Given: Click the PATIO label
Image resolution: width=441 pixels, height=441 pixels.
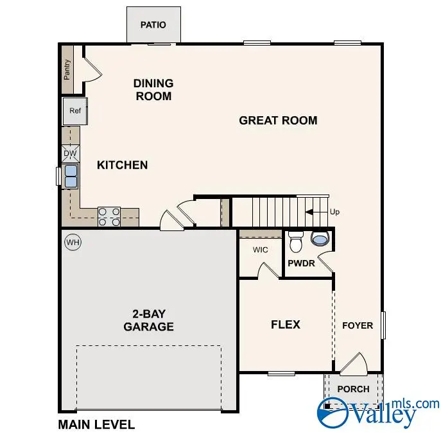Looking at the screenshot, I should [153, 25].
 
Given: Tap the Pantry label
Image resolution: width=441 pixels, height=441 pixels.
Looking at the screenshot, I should [67, 69].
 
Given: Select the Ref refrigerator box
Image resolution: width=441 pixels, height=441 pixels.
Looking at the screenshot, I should [75, 111].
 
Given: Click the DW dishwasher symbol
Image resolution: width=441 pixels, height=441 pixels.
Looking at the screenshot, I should [71, 153].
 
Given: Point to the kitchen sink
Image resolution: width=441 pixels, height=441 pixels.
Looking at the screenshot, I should [71, 176].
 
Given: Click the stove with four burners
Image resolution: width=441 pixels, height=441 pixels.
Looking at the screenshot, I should [109, 216].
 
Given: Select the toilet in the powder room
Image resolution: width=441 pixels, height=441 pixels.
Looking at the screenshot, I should [296, 242].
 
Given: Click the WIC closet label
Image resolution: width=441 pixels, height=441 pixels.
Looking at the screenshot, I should [260, 248].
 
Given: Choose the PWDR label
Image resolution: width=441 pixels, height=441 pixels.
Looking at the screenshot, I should [300, 264].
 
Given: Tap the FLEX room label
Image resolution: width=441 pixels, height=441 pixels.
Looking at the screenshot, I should [285, 324].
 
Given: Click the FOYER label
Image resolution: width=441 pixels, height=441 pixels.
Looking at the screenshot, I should [357, 325].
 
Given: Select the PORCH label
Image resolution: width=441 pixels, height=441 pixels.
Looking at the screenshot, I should [353, 389].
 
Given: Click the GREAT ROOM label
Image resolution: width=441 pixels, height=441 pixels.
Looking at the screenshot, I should [278, 120].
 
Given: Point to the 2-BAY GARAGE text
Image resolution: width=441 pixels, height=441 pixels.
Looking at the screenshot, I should [149, 320].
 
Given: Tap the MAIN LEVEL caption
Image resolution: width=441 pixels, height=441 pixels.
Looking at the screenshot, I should [96, 424].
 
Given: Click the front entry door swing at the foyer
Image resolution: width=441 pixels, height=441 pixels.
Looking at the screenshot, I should [352, 363].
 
